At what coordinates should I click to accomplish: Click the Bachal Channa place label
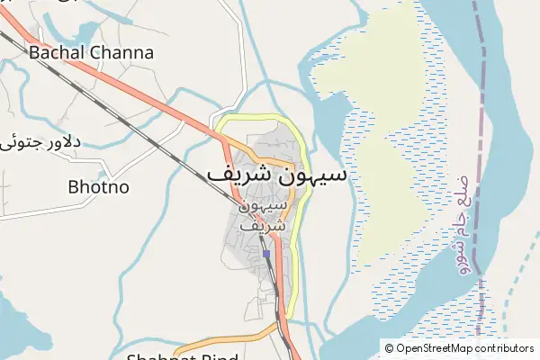pos(91,52)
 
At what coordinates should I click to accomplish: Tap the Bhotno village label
pos(99,187)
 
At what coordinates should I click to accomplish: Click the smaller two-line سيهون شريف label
pos(265,216)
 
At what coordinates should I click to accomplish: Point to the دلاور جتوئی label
pos(42,142)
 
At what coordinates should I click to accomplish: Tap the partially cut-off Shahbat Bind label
pos(181,355)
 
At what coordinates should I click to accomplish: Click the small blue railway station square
pos(266,255)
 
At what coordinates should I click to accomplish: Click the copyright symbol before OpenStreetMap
pos(389,348)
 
